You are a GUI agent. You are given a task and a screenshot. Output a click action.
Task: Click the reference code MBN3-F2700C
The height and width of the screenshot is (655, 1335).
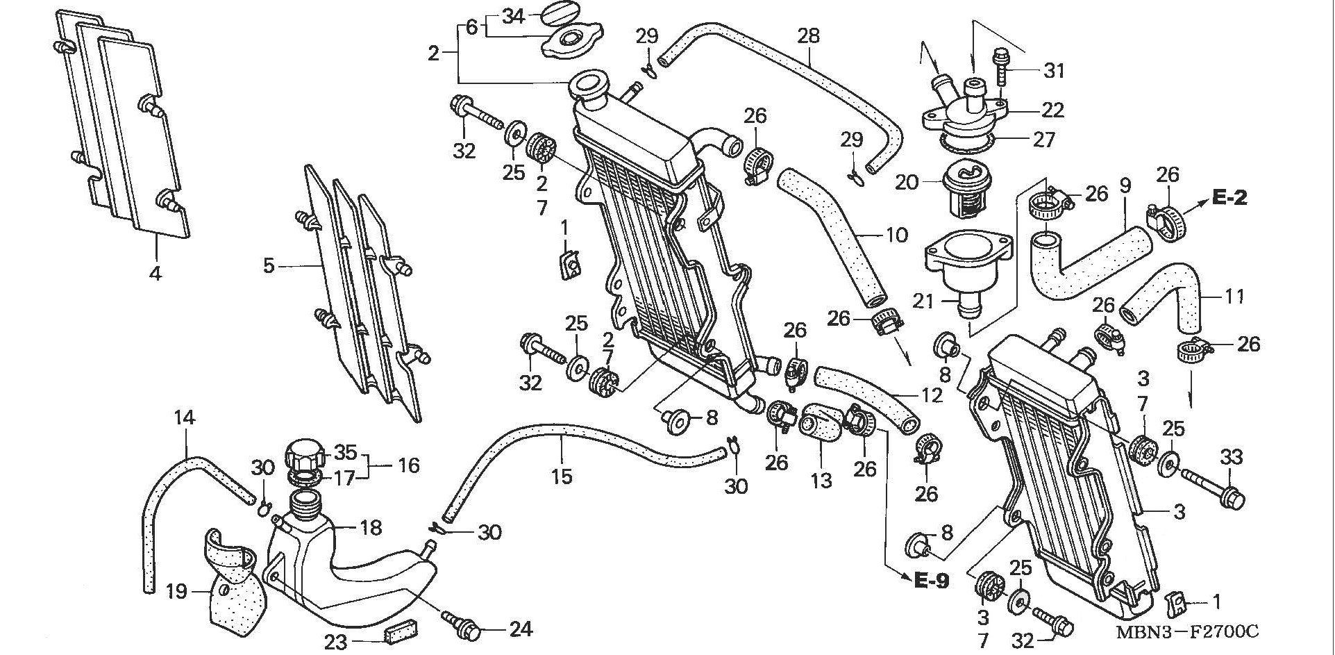1187,632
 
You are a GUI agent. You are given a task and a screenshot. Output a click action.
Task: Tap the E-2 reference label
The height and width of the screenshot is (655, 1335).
1230,198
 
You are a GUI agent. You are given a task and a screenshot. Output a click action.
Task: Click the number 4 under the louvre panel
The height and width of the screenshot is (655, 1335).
155,273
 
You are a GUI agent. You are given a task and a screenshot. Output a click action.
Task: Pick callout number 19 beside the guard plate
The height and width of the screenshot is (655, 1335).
177,592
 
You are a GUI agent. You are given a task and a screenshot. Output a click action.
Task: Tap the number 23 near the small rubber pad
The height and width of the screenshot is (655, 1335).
335,642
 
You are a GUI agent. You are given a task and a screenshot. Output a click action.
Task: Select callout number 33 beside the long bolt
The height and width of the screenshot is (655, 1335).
1231,457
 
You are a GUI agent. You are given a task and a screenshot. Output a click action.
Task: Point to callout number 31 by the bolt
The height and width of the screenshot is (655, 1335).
1054,70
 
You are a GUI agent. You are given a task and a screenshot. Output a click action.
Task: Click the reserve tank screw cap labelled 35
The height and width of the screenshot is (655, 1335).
305,454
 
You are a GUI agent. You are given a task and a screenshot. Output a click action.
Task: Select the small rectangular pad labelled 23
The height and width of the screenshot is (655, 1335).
398,634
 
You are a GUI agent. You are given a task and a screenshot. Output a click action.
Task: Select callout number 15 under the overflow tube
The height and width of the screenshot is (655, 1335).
562,476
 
